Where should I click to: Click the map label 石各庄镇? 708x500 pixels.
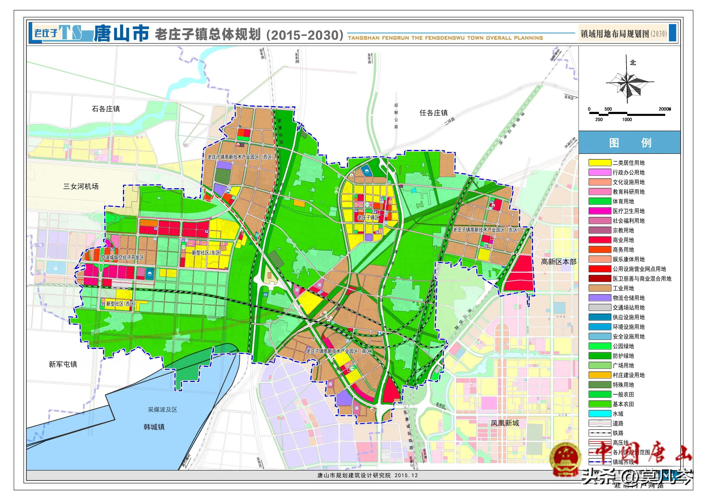[106, 109]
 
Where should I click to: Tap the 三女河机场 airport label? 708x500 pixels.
[81, 186]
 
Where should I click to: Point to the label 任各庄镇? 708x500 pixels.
[434, 113]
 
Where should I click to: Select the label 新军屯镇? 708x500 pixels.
[63, 364]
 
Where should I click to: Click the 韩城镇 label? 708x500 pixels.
[154, 427]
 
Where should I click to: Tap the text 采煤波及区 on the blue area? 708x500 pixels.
[163, 409]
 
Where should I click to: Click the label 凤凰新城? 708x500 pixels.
[505, 423]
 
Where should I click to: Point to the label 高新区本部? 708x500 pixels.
[559, 262]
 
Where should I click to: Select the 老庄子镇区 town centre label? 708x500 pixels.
[368, 218]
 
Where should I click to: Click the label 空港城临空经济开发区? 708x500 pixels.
[123, 257]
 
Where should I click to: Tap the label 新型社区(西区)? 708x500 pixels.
[121, 304]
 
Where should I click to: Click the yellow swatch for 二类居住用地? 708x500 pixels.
[599, 163]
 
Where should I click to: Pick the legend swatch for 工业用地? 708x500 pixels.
[599, 288]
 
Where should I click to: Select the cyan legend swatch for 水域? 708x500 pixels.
[599, 413]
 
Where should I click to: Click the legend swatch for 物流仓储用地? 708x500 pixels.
[599, 298]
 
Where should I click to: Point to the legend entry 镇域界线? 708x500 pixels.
[623, 462]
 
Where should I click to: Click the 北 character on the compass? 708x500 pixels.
[633, 62]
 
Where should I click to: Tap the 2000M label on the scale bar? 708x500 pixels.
[665, 109]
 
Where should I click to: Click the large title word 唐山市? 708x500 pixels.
[121, 33]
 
